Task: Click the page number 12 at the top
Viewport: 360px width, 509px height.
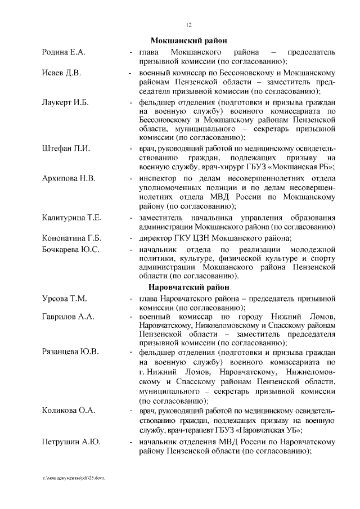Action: click(189, 25)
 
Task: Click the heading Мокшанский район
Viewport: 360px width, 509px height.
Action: click(189, 40)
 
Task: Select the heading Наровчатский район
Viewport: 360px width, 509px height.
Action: click(189, 287)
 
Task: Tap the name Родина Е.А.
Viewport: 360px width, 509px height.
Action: click(64, 52)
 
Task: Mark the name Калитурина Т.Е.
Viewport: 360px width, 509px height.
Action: click(71, 218)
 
